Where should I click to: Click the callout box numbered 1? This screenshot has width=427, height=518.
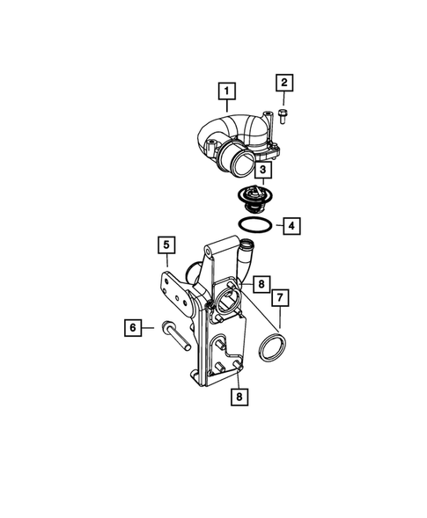pos(227,91)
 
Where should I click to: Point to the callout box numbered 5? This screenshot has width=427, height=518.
pos(166,244)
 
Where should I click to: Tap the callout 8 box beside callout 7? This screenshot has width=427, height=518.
pos(261,283)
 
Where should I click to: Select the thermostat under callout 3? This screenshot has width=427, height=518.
pos(255,201)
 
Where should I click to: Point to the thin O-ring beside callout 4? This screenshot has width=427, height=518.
pos(254,227)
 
